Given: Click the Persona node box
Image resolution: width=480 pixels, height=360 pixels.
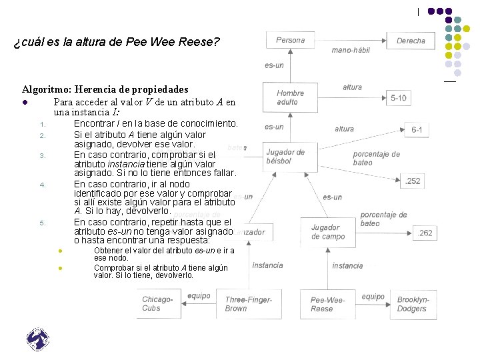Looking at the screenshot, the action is point(290,41).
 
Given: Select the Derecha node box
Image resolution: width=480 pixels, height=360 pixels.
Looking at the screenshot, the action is point(411,41).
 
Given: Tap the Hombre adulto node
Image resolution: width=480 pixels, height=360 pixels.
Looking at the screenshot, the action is point(290,97).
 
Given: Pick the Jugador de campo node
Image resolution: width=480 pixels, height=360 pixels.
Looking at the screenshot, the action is point(327,232).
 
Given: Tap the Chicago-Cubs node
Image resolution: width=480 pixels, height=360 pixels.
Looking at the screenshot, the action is point(158,304).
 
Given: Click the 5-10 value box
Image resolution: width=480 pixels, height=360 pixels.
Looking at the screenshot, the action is point(399,98).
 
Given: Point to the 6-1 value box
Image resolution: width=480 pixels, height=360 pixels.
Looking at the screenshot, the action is point(417,129).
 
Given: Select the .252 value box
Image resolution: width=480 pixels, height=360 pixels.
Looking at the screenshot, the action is point(413,181).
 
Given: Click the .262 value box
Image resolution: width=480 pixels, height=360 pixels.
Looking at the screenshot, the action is point(425,233).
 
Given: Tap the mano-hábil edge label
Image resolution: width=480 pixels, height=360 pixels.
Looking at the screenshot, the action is point(351,50).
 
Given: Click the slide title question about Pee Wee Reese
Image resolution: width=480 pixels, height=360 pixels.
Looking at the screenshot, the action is point(117,43).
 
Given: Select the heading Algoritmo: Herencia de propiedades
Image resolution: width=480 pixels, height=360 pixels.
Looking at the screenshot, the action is point(105,89).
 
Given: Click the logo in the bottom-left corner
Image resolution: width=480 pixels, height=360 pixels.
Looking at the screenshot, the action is point(38,340).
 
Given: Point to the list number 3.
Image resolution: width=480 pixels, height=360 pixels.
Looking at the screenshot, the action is point(41,156).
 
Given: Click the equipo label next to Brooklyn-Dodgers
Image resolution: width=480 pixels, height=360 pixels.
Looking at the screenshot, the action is point(373,297).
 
